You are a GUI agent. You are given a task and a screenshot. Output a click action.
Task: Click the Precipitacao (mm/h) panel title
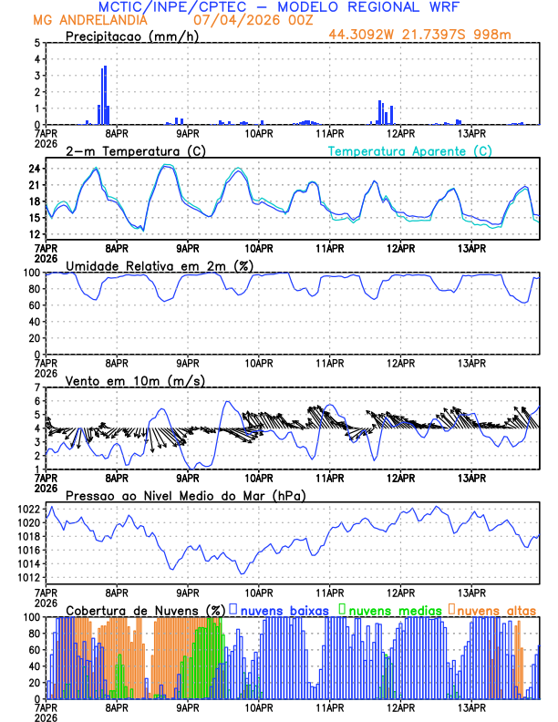tap(132, 36)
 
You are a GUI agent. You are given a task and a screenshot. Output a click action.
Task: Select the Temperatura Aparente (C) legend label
tap(409, 150)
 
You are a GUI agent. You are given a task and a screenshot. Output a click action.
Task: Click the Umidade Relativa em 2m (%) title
tap(159, 265)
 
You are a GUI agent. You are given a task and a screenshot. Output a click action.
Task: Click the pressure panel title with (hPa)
tap(186, 495)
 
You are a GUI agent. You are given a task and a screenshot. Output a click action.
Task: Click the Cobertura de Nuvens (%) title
tap(145, 609)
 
